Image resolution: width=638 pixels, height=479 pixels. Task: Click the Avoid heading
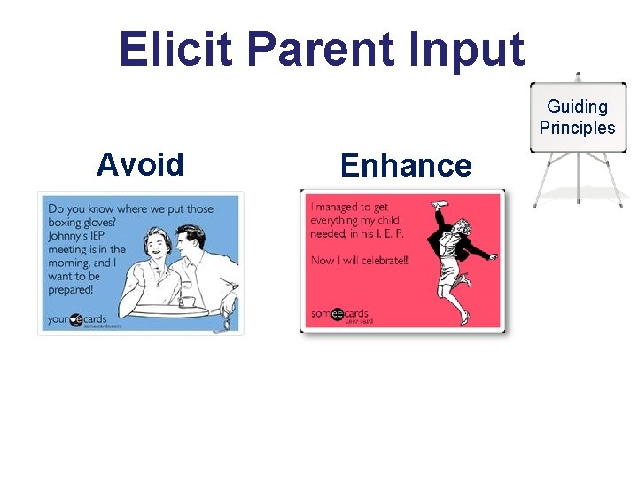coord(140,165)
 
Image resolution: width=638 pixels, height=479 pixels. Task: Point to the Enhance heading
coord(406,166)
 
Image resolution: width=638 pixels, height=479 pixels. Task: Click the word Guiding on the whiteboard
coord(577,106)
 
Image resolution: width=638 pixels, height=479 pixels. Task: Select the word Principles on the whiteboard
coord(577,128)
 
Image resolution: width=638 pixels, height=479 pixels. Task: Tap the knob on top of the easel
coord(578,76)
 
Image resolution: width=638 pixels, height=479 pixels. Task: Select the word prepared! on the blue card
coord(71,290)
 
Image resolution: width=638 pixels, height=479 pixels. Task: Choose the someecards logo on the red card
coord(340,313)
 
